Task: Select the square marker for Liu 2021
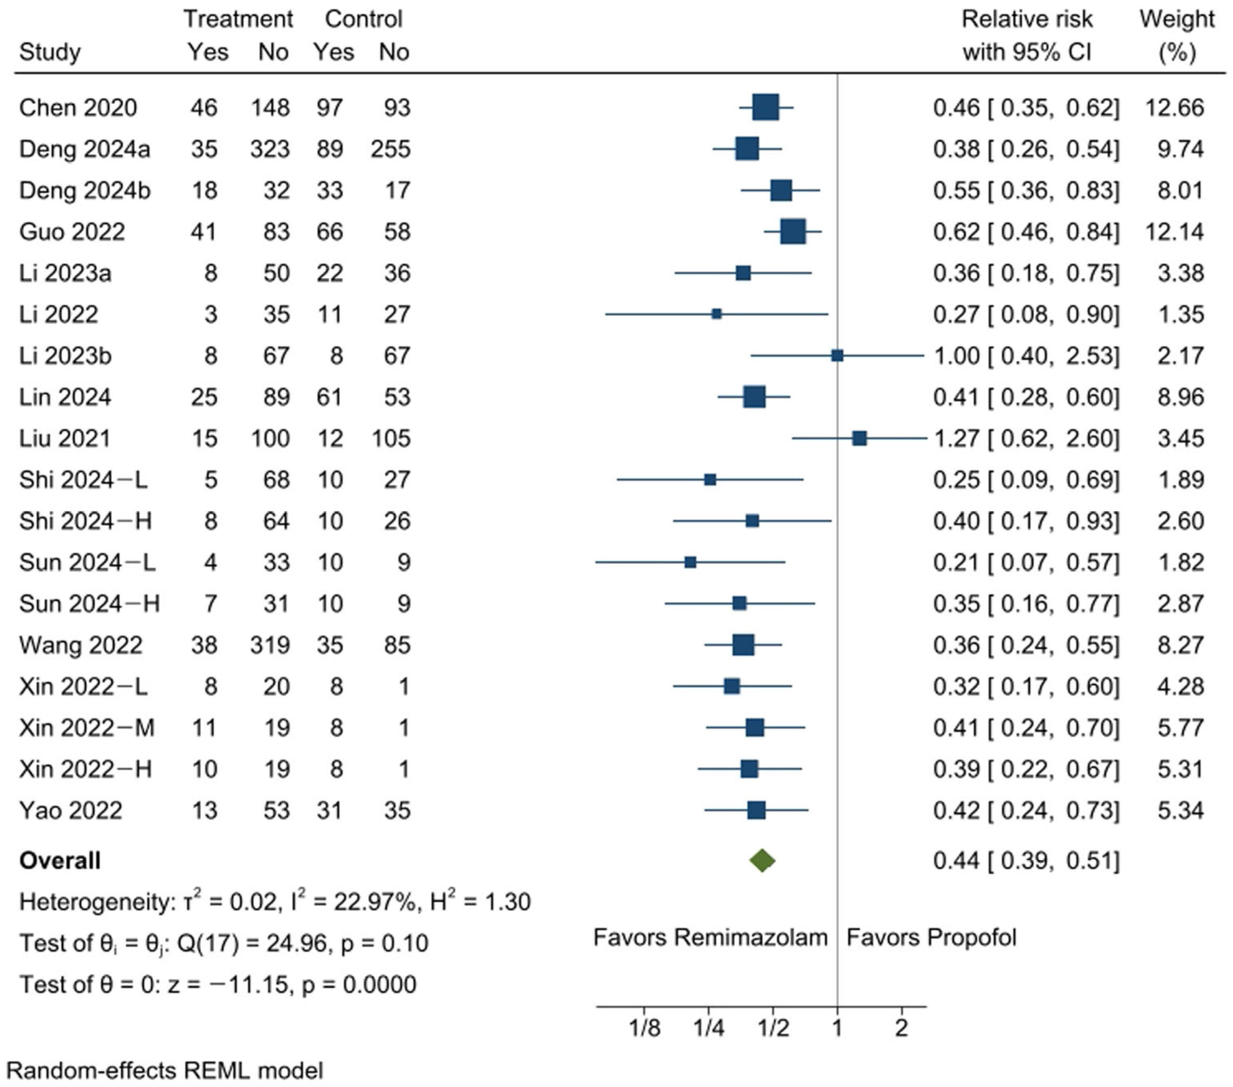pos(860,438)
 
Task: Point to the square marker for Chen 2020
pos(765,107)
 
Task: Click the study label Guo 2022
pos(72,232)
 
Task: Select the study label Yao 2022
pos(71,810)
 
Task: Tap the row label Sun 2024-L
pos(87,562)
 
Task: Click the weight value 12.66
pos(1174,107)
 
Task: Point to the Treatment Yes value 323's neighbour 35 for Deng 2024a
pos(204,149)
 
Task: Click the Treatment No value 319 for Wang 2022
pos(270,645)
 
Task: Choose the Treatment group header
pos(238,19)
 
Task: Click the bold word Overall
pos(60,860)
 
